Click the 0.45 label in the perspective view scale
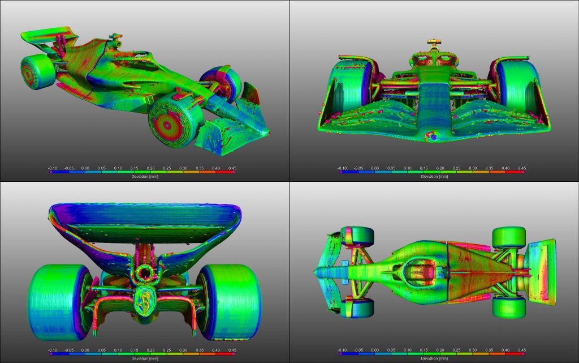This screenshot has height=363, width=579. click(232, 168)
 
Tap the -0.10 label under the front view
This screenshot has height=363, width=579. click(342, 168)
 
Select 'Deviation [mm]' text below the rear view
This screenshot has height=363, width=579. click(145, 358)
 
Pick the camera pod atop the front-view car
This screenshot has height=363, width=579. click(434, 43)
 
